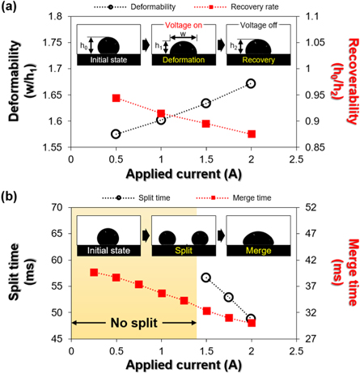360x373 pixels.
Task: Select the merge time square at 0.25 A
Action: click(94, 273)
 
